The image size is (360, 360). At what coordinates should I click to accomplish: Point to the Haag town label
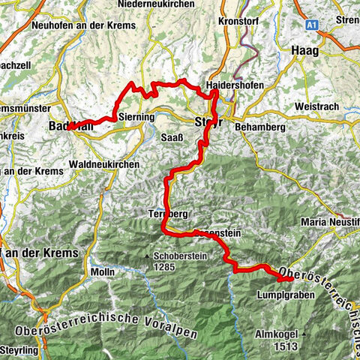304,50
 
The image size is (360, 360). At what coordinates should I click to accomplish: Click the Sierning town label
136,118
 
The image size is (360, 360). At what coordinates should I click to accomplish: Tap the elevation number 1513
286,346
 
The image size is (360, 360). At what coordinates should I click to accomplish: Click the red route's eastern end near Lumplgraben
290,280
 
